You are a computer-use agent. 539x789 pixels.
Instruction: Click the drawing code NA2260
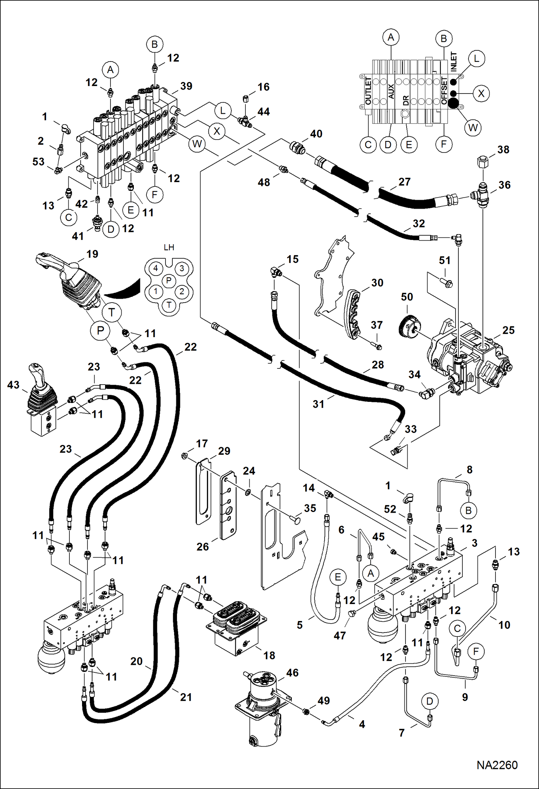coord(497,765)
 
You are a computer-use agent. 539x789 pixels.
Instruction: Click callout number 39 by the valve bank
coord(186,86)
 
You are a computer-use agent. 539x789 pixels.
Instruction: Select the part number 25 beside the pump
coord(508,330)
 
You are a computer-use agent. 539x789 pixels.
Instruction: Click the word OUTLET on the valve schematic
coord(368,91)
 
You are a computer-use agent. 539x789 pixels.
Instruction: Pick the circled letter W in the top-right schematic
coord(473,127)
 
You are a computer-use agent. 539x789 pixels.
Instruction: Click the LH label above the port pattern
coord(169,248)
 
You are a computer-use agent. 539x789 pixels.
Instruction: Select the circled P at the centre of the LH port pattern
coord(169,281)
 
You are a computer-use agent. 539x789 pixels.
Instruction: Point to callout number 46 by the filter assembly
coord(292,673)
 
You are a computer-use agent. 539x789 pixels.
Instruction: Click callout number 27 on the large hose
coord(404,182)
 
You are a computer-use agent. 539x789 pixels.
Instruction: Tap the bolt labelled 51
coord(446,283)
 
